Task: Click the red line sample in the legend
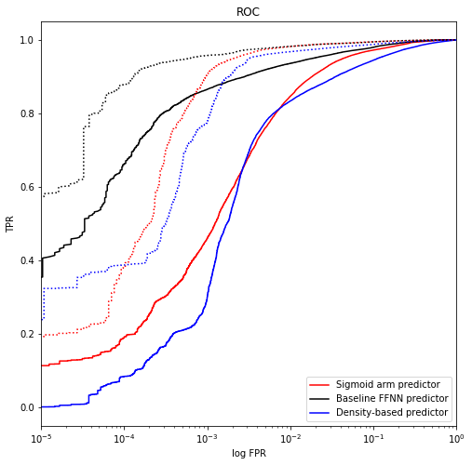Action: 319,384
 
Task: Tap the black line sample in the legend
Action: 319,398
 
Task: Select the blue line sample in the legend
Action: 319,412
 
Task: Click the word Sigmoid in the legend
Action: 355,384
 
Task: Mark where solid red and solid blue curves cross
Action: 244,166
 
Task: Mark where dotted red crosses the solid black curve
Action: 196,91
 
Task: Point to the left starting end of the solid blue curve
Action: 42,406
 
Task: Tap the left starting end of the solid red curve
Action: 42,365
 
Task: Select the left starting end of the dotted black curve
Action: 42,195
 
